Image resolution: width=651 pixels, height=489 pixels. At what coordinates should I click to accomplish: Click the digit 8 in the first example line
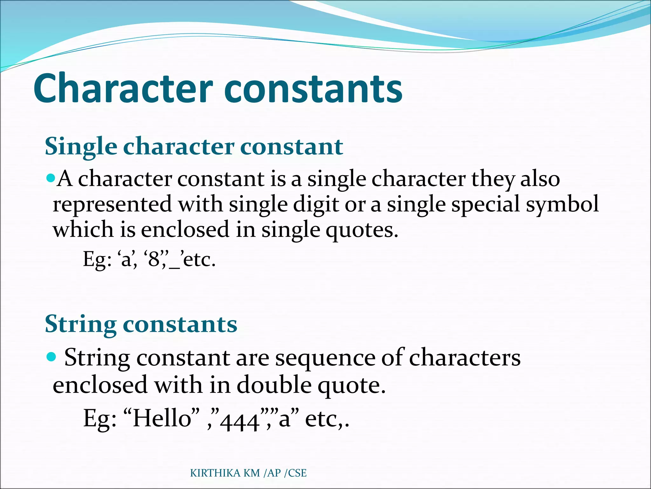(154, 259)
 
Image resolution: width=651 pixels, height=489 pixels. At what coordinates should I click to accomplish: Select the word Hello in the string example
(162, 418)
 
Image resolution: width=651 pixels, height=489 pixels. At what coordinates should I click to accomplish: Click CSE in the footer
(297, 473)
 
